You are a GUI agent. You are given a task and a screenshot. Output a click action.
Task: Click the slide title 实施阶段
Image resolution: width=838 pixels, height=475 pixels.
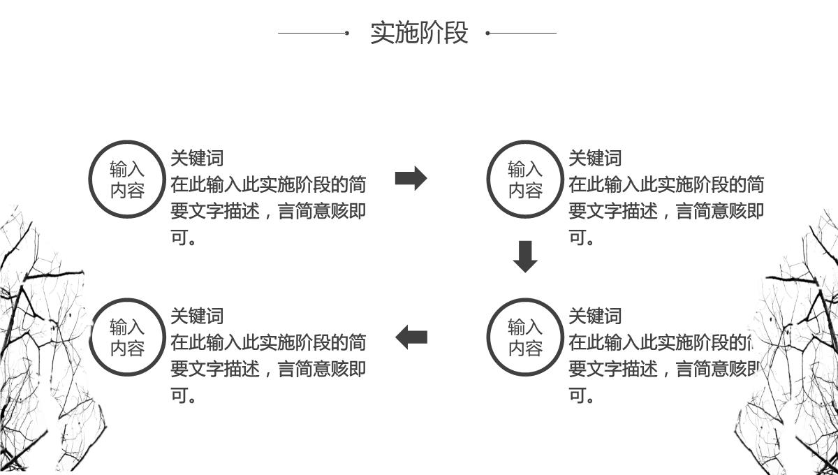(419, 33)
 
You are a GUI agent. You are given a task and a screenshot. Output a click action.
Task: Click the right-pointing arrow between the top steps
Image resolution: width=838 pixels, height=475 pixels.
(411, 179)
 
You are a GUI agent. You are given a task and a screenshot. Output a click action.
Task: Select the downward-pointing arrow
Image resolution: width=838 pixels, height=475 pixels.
(525, 256)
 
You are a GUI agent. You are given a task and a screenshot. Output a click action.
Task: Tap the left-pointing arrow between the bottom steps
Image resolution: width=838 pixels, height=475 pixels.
(411, 337)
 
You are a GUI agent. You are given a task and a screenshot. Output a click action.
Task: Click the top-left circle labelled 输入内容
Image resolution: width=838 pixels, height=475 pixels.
(127, 180)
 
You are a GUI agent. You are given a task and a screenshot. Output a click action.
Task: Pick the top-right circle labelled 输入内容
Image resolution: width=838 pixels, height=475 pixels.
(525, 180)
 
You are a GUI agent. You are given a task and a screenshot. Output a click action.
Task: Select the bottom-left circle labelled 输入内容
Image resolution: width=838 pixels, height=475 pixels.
(127, 337)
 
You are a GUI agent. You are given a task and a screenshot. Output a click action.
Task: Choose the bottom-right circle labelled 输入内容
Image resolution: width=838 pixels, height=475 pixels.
(525, 337)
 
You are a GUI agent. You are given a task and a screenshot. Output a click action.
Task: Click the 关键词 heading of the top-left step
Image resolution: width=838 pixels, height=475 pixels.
(197, 159)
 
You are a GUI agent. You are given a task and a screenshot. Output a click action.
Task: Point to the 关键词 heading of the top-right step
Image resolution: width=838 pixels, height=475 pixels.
(595, 159)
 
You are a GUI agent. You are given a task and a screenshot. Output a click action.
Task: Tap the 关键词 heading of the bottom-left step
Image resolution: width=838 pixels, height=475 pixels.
(197, 316)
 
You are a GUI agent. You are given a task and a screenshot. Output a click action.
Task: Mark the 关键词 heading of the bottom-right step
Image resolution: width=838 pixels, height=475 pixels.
(595, 316)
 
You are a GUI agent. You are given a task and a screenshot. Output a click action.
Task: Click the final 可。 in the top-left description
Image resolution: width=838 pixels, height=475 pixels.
(183, 238)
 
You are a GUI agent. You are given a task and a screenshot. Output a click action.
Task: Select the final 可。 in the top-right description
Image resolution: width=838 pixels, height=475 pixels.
(581, 238)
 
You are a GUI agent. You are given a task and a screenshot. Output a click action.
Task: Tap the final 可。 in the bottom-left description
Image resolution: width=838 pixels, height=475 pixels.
(183, 396)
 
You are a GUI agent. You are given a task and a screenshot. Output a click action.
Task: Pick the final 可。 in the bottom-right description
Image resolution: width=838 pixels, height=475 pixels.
(581, 396)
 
